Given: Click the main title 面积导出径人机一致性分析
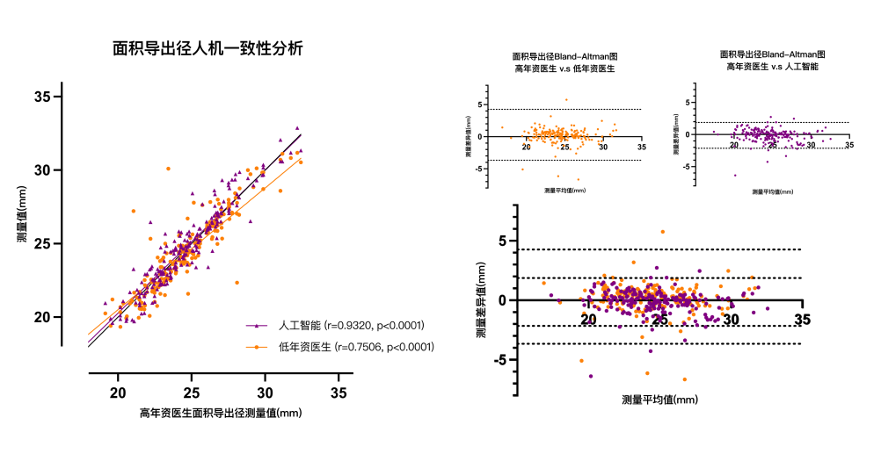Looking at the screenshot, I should (208, 49).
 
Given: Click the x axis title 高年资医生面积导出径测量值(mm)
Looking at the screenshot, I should (220, 413).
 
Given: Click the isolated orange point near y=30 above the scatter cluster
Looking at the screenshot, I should (168, 169).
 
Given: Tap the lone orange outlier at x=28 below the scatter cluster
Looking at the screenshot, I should (237, 283).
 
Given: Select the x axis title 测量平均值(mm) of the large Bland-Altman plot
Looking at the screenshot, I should (659, 400).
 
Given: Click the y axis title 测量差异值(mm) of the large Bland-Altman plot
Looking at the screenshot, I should (481, 299).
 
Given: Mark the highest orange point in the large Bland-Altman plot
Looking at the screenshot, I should (662, 232).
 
